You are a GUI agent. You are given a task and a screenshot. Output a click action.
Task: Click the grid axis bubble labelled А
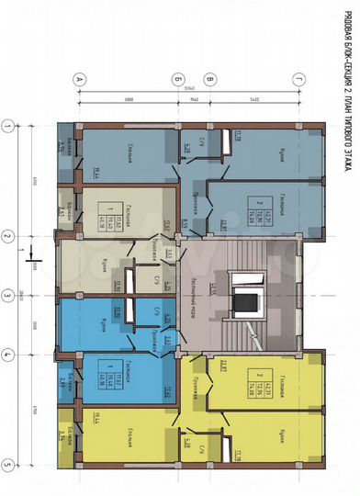[79, 80]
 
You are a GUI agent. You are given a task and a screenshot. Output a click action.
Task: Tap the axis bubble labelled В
[211, 80]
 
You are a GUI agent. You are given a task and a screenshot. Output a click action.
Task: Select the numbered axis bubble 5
[7, 465]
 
